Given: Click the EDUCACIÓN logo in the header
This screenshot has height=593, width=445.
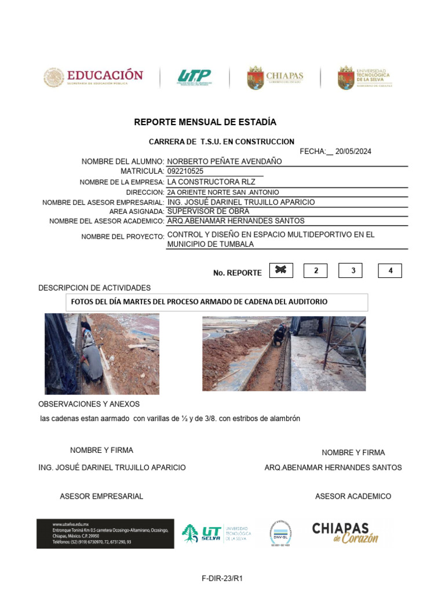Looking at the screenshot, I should pyautogui.click(x=93, y=78).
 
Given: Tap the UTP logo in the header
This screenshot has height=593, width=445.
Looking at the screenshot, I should pyautogui.click(x=194, y=78).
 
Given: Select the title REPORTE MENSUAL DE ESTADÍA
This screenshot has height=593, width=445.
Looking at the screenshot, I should pyautogui.click(x=205, y=122).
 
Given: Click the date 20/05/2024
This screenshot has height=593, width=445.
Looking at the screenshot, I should pyautogui.click(x=353, y=152).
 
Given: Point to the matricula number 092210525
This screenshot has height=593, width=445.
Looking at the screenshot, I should pyautogui.click(x=185, y=171).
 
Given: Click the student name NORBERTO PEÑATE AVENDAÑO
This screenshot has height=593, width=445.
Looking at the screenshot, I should pyautogui.click(x=224, y=162).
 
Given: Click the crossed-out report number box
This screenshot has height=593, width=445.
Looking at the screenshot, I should pyautogui.click(x=282, y=270).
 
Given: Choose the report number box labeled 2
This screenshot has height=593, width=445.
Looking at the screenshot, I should pyautogui.click(x=316, y=270).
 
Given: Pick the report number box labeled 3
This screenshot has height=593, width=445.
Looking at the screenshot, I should pyautogui.click(x=353, y=270).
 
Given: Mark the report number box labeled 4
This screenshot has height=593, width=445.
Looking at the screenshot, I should pyautogui.click(x=390, y=270).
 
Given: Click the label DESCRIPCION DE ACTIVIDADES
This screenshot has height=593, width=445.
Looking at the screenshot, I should pyautogui.click(x=94, y=288).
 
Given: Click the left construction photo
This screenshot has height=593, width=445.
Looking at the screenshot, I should pyautogui.click(x=102, y=354).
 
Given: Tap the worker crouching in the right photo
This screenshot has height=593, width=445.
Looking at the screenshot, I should pyautogui.click(x=280, y=334).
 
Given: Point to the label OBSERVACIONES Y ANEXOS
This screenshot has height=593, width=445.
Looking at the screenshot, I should pyautogui.click(x=89, y=404).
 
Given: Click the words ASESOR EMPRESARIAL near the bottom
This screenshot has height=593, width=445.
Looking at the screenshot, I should pyautogui.click(x=101, y=496).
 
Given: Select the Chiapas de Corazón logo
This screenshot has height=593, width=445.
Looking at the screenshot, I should pyautogui.click(x=345, y=533).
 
